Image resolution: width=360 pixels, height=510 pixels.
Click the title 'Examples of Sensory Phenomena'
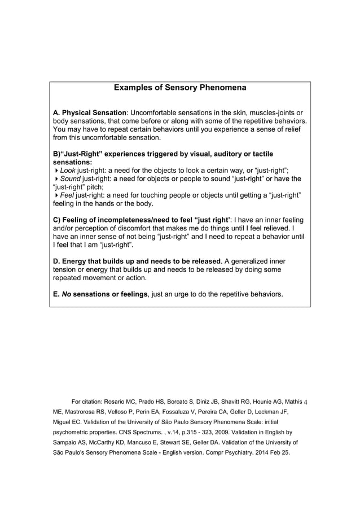pyautogui.click(x=180, y=88)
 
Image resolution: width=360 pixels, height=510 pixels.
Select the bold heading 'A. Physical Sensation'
pyautogui.click(x=90, y=112)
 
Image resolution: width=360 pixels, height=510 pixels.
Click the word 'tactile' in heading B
pyautogui.click(x=251, y=153)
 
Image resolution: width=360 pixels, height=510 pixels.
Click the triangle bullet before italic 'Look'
pyautogui.click(x=56, y=170)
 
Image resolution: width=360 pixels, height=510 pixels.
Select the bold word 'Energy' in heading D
pyautogui.click(x=76, y=261)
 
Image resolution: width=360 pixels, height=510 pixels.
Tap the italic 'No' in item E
pyautogui.click(x=67, y=294)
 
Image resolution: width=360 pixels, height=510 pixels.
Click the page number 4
pyautogui.click(x=305, y=402)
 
